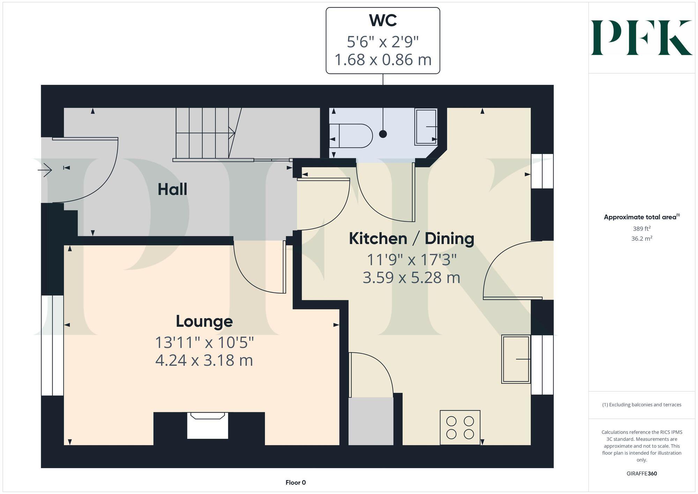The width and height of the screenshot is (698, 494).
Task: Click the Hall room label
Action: [172, 190]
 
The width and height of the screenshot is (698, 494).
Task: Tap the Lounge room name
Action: [204, 322]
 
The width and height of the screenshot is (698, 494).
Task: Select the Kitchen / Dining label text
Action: [411, 239]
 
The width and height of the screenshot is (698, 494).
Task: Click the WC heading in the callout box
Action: [383, 21]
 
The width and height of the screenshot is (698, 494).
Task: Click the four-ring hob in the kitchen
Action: [460, 427]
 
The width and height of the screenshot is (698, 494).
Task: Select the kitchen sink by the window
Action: [516, 359]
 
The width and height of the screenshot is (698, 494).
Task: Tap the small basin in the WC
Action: [426, 126]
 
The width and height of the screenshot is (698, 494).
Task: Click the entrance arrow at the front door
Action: [45, 170]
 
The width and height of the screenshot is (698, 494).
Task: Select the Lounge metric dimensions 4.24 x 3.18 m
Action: [204, 360]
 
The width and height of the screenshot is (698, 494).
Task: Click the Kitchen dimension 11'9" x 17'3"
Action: [411, 260]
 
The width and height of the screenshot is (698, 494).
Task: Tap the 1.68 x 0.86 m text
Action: [383, 60]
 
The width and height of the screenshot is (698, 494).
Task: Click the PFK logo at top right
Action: [641, 38]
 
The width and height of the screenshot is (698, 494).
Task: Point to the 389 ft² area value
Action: [641, 229]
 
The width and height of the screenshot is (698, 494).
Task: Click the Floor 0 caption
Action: [296, 482]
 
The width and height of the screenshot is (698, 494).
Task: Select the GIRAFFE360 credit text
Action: [641, 474]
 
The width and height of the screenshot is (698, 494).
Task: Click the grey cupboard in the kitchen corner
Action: [371, 421]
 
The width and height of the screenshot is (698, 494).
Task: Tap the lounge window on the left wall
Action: [52, 345]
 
